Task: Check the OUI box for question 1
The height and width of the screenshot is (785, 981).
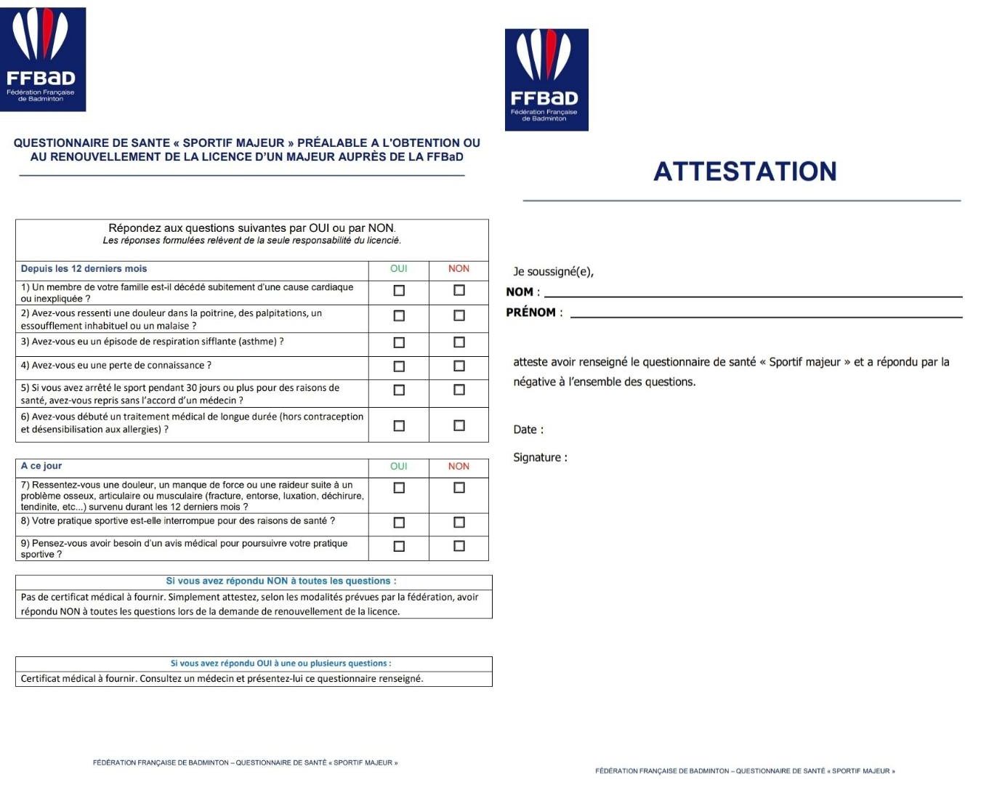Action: point(399,291)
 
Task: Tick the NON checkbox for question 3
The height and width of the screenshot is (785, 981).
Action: point(459,342)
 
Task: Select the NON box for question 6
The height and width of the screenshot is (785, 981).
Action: point(459,425)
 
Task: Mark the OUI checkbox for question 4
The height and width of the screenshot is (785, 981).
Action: point(399,366)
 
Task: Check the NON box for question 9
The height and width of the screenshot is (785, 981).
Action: point(459,546)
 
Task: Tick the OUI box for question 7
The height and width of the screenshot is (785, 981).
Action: point(399,488)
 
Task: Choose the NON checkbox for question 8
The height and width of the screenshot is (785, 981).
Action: point(459,522)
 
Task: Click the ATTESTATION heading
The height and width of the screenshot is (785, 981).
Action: point(745,172)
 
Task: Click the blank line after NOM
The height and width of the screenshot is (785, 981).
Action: point(753,294)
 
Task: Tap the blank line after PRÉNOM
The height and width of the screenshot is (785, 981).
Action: point(766,315)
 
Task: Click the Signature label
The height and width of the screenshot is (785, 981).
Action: point(540,457)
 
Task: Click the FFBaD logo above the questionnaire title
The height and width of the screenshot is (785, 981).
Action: point(43,60)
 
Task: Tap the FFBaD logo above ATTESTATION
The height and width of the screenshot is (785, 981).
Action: point(546,80)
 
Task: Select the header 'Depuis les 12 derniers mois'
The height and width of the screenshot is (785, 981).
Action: point(84,269)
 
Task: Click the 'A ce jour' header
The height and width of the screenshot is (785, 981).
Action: point(41,466)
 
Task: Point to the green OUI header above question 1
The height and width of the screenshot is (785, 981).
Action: point(399,269)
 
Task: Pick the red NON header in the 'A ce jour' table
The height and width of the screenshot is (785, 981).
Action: point(459,467)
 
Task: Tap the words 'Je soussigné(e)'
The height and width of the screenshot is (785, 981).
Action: point(553,272)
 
